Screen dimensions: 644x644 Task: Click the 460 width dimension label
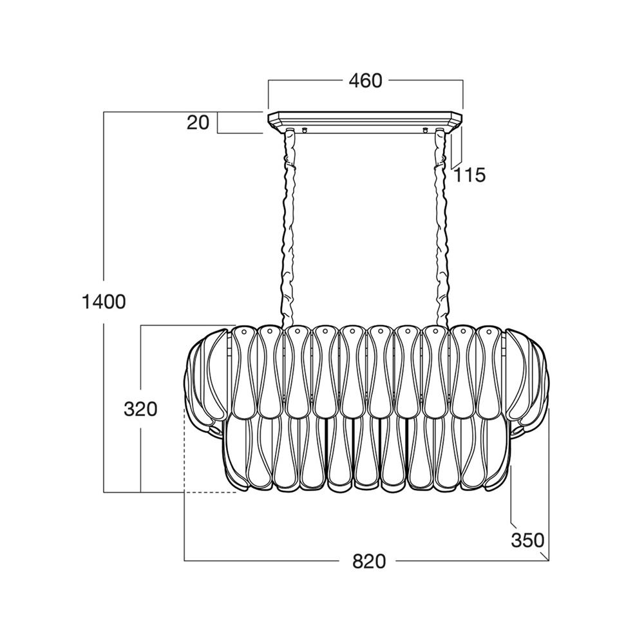[365, 81]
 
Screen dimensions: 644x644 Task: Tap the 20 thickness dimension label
[198, 122]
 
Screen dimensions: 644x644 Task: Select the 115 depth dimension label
[470, 175]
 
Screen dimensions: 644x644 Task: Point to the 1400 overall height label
[104, 302]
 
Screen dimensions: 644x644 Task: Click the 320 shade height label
[140, 409]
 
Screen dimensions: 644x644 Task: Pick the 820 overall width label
[369, 562]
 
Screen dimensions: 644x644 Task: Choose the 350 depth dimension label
[528, 540]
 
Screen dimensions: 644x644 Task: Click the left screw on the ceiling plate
[305, 130]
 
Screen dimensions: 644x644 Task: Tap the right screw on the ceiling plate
[426, 130]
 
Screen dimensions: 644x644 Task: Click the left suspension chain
[289, 229]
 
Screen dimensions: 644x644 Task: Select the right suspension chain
[440, 229]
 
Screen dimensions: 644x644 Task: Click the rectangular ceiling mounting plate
[365, 122]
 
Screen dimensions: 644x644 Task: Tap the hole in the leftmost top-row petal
[243, 332]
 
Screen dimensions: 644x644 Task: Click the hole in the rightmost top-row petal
[490, 332]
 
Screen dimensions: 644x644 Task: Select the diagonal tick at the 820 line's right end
[544, 556]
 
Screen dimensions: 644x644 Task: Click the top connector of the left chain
[290, 134]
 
